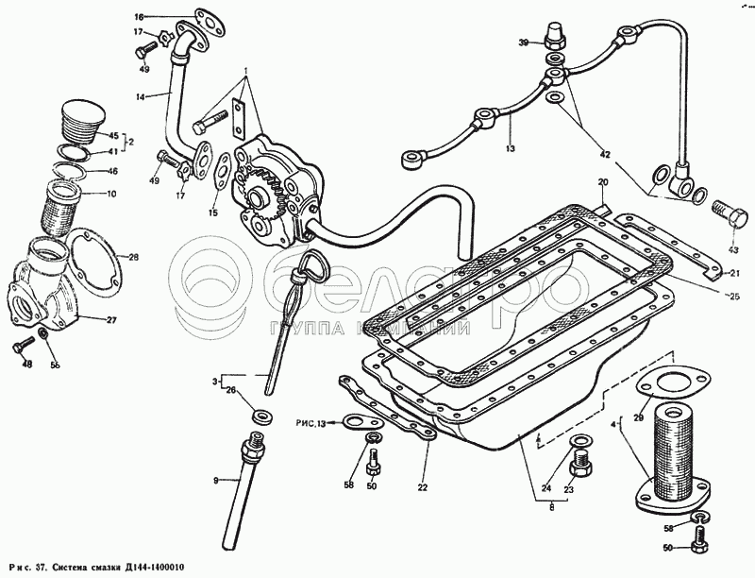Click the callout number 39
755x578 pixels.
click(x=521, y=42)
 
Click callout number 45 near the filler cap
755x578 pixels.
click(x=113, y=134)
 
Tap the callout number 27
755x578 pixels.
click(x=111, y=319)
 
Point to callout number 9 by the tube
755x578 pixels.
click(x=215, y=481)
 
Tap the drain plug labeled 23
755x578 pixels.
click(x=580, y=466)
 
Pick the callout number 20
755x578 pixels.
click(x=603, y=181)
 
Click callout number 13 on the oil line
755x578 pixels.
click(x=511, y=149)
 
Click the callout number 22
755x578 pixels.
click(x=424, y=487)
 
